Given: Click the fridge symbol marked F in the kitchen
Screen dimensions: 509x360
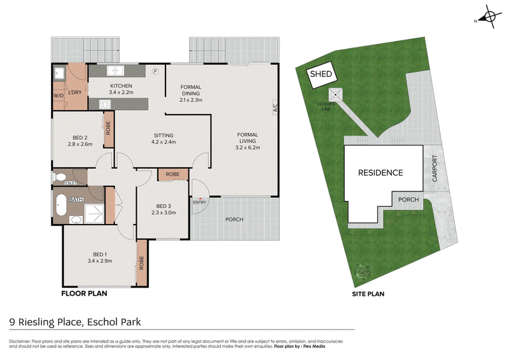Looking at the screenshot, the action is click(x=155, y=71).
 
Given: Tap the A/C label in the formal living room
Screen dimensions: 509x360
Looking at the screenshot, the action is click(x=275, y=106).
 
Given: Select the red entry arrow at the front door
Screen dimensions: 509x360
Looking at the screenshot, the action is click(x=200, y=198).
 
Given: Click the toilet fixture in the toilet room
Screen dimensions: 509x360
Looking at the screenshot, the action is click(x=59, y=177).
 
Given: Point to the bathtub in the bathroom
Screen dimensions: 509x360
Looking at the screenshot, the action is click(x=61, y=205).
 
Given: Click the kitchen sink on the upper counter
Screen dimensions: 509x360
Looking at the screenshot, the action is click(x=115, y=70).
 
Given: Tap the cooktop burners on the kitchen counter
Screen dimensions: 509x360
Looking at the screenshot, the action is click(x=105, y=104).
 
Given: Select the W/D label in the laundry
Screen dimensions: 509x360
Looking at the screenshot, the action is click(x=59, y=96).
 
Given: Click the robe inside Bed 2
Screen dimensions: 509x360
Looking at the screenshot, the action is click(x=108, y=128).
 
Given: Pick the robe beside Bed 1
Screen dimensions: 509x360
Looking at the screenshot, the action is click(x=142, y=263).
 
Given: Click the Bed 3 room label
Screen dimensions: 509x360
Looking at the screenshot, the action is click(x=164, y=206).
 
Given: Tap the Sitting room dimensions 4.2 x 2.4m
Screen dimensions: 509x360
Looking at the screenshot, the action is click(x=164, y=142).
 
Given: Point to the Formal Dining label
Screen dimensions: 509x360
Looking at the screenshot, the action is click(x=191, y=90).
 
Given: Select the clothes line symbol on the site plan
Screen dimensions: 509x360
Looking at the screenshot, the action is click(x=336, y=95).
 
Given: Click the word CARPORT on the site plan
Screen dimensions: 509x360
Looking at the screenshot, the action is click(x=435, y=168).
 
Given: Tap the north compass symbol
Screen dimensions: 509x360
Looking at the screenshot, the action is click(x=489, y=17).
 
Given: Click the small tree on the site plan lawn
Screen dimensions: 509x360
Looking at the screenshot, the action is click(x=363, y=272).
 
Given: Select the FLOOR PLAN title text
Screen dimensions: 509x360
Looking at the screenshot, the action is click(x=85, y=293).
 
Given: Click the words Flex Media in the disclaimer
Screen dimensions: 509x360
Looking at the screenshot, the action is click(x=314, y=347).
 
